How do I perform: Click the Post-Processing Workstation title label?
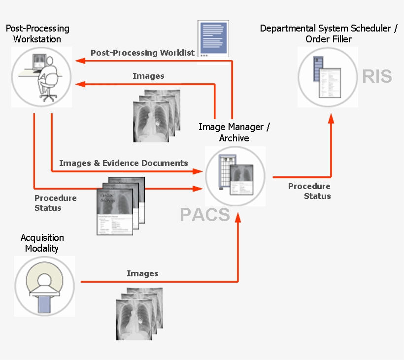[x=37, y=34]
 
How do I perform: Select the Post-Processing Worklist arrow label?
[x=142, y=53]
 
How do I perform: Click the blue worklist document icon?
[x=213, y=39]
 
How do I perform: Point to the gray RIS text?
[x=377, y=76]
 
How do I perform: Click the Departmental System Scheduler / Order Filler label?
[x=329, y=34]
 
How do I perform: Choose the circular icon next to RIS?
[x=328, y=77]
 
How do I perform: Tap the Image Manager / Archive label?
[x=234, y=132]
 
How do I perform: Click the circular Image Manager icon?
[x=235, y=176]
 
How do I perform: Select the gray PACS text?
[x=204, y=215]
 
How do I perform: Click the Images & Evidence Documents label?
[x=124, y=163]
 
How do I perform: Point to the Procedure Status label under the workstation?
[x=55, y=203]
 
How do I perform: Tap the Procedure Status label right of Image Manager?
[x=309, y=191]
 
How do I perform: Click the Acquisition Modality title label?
[x=42, y=243]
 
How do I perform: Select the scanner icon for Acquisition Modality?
[x=44, y=286]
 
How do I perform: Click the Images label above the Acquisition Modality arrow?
[x=142, y=273]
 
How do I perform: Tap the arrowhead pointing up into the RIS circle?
[x=331, y=119]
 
